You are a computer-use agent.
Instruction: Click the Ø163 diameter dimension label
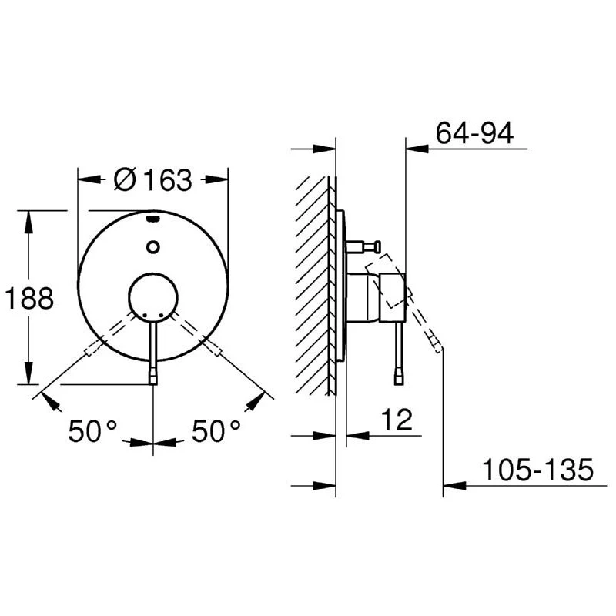tap(152, 180)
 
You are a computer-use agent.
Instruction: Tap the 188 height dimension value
tap(29, 298)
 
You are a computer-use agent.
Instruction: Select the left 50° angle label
tap(92, 431)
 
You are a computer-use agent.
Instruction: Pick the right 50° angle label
tap(216, 431)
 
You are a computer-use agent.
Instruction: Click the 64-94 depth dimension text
tap(474, 133)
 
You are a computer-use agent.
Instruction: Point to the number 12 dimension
tap(397, 420)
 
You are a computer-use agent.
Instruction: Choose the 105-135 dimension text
tap(537, 470)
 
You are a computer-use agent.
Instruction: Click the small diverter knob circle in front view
tap(152, 247)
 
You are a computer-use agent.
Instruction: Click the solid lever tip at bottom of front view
tap(153, 377)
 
